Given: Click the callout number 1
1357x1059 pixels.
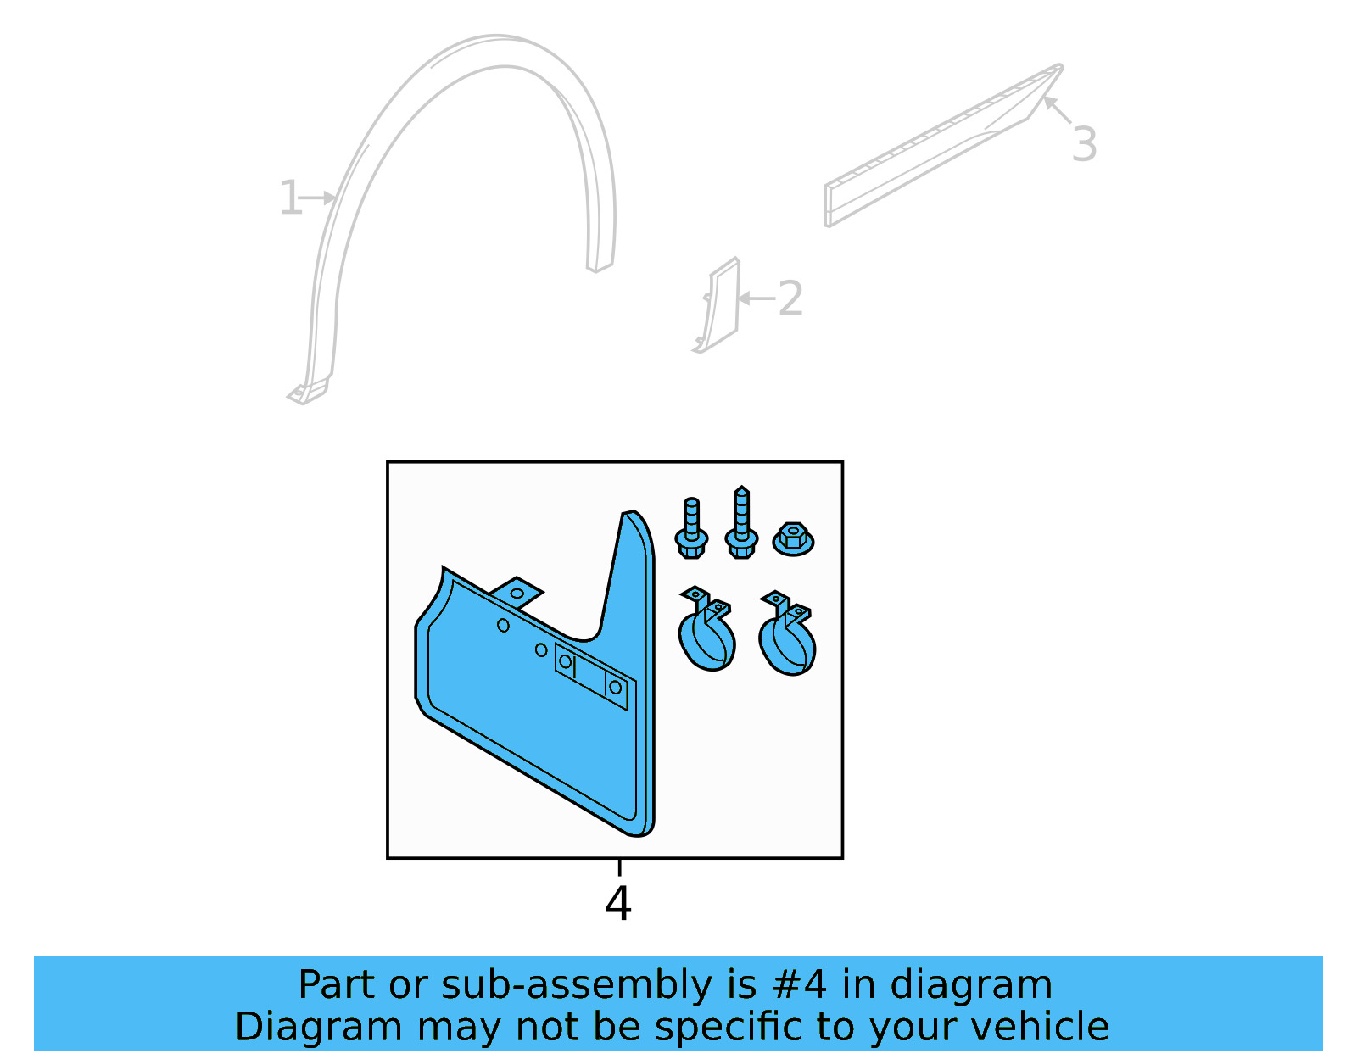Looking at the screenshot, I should (290, 198).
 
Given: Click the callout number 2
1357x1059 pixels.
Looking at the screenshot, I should (790, 298).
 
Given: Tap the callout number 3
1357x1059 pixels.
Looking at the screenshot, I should (1084, 144).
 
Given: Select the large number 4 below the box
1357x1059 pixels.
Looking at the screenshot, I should (618, 904).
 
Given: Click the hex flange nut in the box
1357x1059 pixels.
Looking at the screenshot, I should (793, 539).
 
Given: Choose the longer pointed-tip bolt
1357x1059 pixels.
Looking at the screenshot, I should (741, 523).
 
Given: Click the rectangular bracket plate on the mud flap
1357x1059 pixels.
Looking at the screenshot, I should (591, 675).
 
